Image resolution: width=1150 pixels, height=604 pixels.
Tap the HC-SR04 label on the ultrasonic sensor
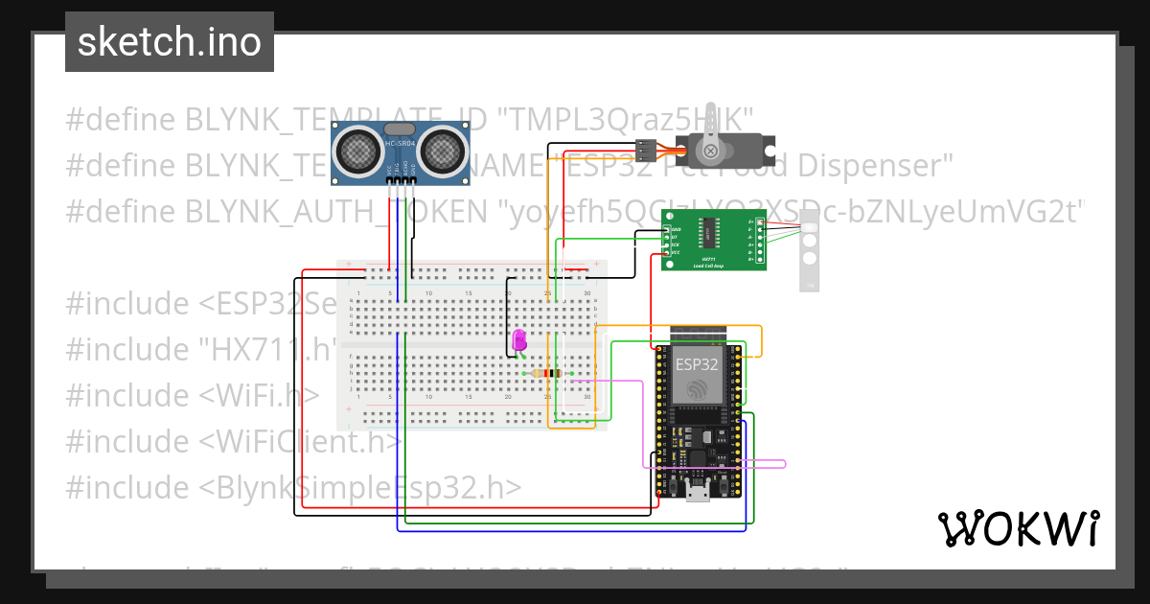point(399,144)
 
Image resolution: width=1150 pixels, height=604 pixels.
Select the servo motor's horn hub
point(711,151)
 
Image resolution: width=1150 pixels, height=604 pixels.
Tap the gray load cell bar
point(810,256)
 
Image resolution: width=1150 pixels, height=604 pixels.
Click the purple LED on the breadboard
point(519,340)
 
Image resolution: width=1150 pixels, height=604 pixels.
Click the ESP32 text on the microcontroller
point(697,365)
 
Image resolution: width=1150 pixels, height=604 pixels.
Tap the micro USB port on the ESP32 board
point(698,494)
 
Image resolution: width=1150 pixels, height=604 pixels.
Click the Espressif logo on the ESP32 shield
point(698,388)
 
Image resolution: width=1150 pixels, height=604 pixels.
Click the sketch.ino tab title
point(170,42)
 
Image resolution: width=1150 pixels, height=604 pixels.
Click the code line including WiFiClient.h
point(233,441)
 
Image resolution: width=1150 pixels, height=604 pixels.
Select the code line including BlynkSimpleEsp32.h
point(294,487)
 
